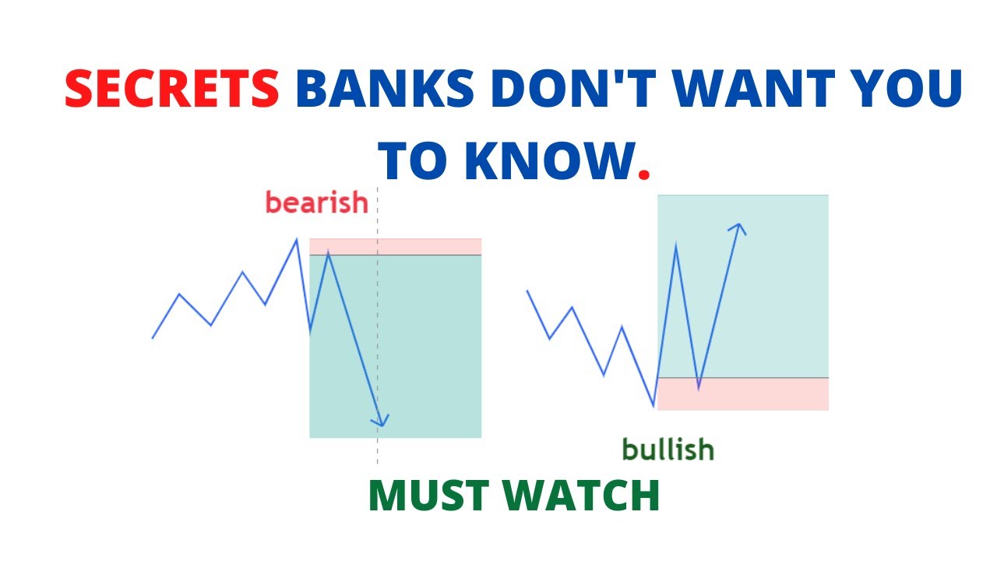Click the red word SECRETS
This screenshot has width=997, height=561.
(x=171, y=90)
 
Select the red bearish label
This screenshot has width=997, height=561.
(x=316, y=203)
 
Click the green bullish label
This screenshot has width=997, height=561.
(x=668, y=449)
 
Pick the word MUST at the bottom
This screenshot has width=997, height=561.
(x=432, y=496)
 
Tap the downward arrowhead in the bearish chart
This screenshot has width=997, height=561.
(x=379, y=422)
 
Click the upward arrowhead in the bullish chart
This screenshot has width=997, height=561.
(x=737, y=228)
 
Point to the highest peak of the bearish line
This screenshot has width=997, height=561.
(x=296, y=239)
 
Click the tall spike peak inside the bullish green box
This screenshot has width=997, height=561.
(x=675, y=245)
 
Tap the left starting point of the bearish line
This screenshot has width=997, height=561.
(x=153, y=338)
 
